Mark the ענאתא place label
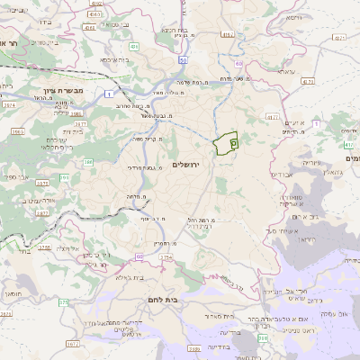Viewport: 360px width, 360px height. coord(285,71)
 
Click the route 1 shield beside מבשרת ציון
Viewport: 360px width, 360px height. coord(109,93)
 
